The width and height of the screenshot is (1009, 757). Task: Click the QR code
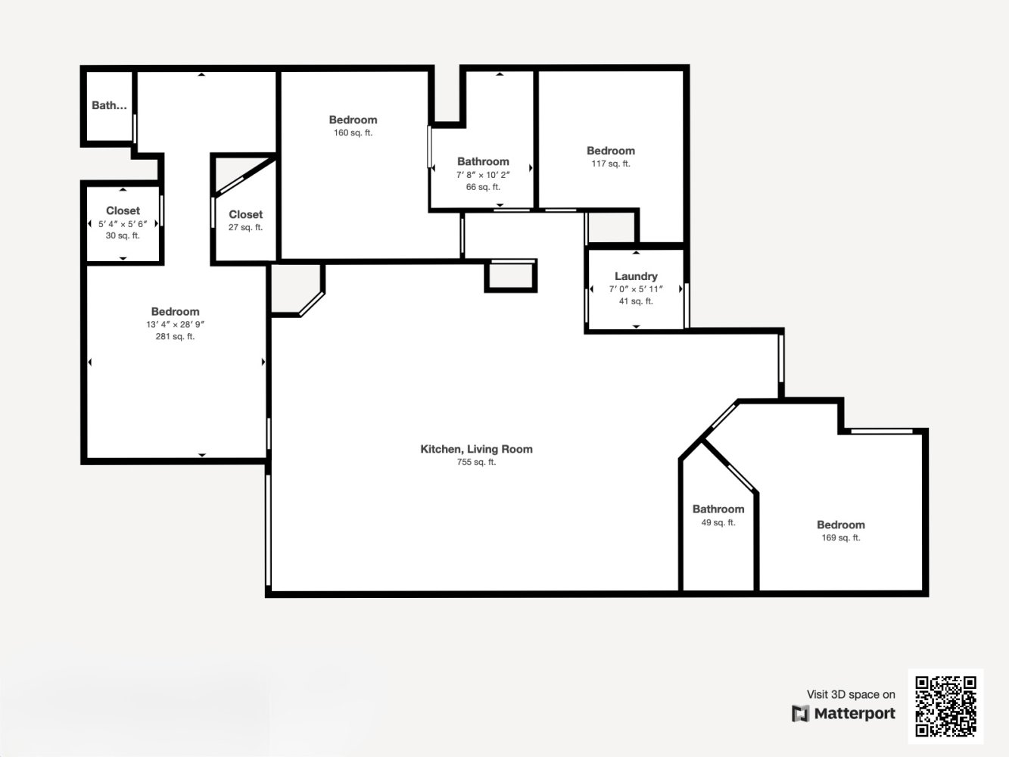tap(945, 706)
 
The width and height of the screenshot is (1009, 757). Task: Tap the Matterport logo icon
tap(800, 713)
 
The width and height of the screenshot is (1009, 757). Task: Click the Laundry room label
tap(636, 276)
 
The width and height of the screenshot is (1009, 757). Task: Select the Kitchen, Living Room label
tap(476, 449)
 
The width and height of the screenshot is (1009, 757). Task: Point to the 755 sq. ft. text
tap(476, 462)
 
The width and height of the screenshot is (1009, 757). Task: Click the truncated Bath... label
tap(110, 105)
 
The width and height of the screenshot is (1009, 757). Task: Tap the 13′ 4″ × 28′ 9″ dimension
tap(175, 324)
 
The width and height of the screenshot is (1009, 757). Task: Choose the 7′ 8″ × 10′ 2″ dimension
tap(483, 175)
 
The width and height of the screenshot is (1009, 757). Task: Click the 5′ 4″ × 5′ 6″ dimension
tap(123, 224)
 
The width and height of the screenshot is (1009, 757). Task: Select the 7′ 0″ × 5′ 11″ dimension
tap(636, 289)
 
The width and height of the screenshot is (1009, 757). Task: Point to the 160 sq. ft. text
tap(353, 132)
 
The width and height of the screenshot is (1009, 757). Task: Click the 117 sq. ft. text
tap(611, 164)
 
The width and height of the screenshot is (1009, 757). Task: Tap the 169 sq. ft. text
tap(841, 537)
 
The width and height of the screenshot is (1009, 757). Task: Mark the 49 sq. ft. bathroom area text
tap(718, 522)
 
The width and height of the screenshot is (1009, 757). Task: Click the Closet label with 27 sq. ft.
tap(245, 215)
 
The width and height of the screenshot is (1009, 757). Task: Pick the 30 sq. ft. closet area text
tap(123, 235)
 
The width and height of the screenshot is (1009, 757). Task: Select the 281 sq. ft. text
tap(175, 336)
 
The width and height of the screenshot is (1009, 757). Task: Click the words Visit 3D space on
tap(851, 694)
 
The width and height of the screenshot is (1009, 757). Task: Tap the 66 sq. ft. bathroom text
tap(483, 187)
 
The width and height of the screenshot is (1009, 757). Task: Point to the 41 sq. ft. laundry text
tap(636, 301)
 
